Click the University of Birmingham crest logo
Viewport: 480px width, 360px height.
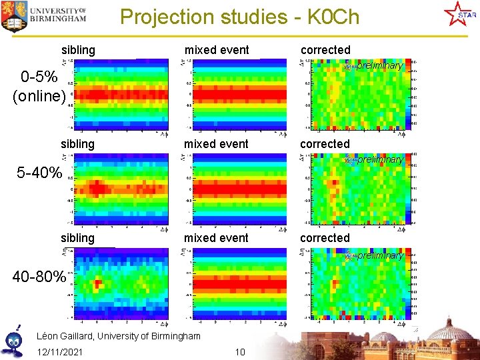pos(13,17)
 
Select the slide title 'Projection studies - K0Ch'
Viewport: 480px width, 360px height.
pos(239,17)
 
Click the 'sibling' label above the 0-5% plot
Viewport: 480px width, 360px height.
pos(78,50)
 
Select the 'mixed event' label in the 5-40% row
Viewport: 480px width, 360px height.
pos(216,144)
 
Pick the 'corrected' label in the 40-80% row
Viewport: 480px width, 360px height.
pos(325,238)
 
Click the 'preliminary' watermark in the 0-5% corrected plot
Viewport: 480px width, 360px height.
pos(379,66)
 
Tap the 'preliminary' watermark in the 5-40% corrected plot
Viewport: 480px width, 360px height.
pos(379,160)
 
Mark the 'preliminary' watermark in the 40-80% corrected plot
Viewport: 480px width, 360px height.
pos(379,256)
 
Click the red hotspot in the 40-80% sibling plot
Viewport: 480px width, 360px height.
pos(98,285)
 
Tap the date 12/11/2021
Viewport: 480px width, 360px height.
pos(60,351)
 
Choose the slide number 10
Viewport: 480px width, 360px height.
pos(240,351)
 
